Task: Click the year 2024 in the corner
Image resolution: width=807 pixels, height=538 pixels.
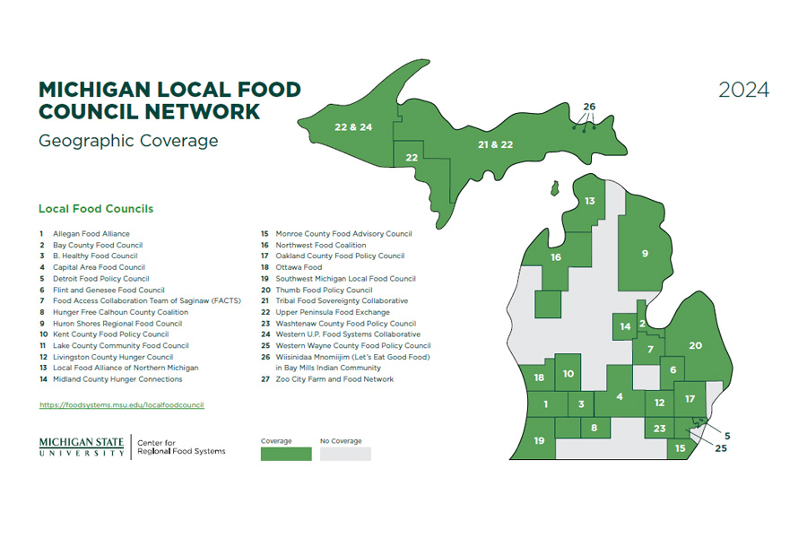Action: pyautogui.click(x=743, y=91)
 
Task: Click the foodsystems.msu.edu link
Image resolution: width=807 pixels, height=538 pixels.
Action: pyautogui.click(x=121, y=405)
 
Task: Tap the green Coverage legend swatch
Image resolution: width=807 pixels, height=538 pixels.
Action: pyautogui.click(x=286, y=454)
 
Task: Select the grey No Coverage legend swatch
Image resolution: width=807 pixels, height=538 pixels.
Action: pyautogui.click(x=345, y=454)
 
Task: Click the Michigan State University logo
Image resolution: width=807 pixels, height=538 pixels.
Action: pyautogui.click(x=82, y=446)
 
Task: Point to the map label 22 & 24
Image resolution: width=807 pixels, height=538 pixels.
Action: pyautogui.click(x=352, y=127)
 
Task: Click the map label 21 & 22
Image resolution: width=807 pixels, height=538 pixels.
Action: pyautogui.click(x=495, y=144)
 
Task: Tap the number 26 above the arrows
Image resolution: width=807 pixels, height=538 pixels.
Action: pyautogui.click(x=588, y=107)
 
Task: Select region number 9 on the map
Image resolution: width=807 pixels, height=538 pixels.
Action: pyautogui.click(x=644, y=254)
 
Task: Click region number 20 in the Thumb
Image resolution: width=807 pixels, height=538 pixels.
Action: pyautogui.click(x=695, y=345)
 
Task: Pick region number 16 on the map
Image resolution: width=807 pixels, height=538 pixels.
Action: pyautogui.click(x=556, y=257)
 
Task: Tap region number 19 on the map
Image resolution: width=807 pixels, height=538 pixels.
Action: pyautogui.click(x=539, y=440)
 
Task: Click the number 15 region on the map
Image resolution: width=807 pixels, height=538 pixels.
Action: pyautogui.click(x=681, y=447)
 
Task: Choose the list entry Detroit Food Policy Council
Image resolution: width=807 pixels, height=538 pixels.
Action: pyautogui.click(x=100, y=279)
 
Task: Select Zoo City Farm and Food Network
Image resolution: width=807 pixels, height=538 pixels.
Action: pyautogui.click(x=334, y=379)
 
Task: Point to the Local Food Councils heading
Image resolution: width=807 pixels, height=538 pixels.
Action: pyautogui.click(x=96, y=209)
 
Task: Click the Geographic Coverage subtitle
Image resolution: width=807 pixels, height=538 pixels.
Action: pyautogui.click(x=128, y=141)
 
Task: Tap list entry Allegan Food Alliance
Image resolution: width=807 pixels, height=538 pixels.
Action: pyautogui.click(x=91, y=234)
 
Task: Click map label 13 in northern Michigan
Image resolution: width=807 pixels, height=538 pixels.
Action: pyautogui.click(x=589, y=201)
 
